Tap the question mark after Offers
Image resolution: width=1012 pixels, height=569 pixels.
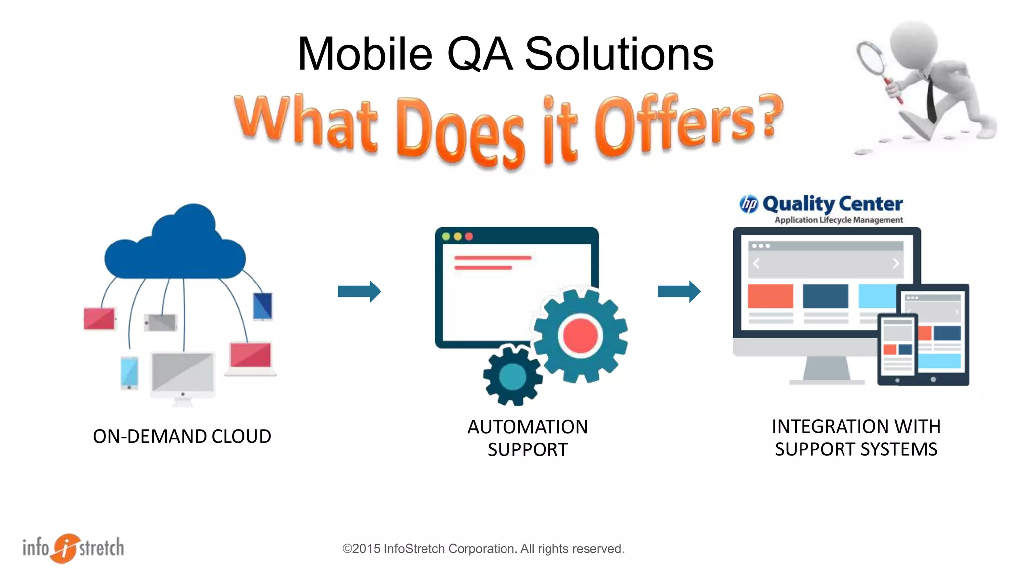click(x=769, y=115)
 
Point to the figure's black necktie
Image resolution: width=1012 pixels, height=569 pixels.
click(x=930, y=99)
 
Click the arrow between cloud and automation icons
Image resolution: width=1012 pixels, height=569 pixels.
click(x=359, y=291)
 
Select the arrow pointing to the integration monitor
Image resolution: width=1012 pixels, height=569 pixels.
click(x=678, y=291)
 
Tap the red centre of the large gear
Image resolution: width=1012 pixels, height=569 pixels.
click(x=580, y=335)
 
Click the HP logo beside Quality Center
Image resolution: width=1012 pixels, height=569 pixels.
click(x=749, y=204)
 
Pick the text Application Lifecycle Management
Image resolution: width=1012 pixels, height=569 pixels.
click(x=838, y=220)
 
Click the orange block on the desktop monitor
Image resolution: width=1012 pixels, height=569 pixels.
click(x=770, y=295)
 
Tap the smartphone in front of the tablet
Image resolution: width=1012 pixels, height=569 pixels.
click(x=897, y=349)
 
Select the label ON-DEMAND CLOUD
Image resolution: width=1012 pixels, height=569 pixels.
click(x=182, y=436)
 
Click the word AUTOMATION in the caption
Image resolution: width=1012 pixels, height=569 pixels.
click(x=527, y=427)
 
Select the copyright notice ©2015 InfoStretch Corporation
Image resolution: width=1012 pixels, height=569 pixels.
click(x=483, y=549)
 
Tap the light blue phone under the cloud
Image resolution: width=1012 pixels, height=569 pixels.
click(x=129, y=372)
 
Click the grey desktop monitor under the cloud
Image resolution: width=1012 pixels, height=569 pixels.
click(x=182, y=374)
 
